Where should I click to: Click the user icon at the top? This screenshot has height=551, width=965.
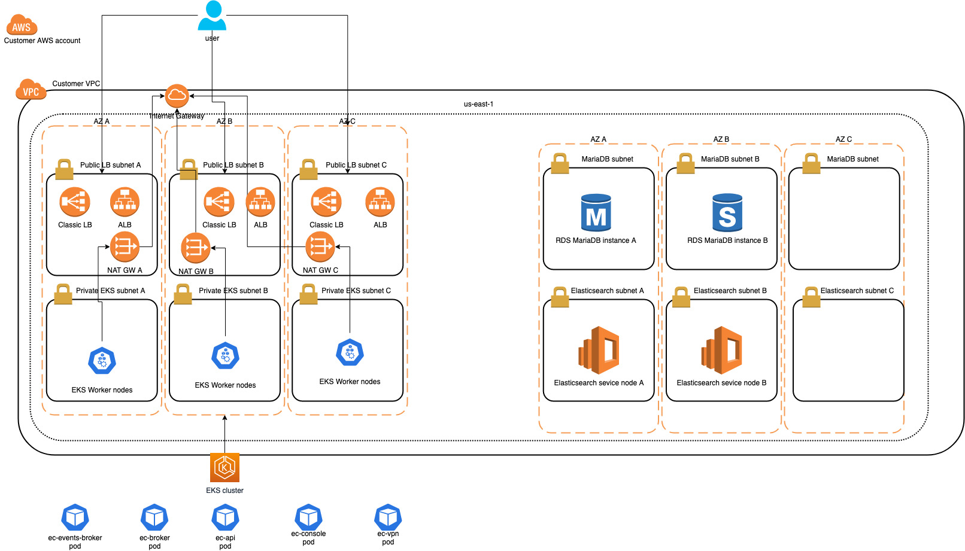tap(212, 16)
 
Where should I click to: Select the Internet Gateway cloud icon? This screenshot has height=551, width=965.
tap(177, 96)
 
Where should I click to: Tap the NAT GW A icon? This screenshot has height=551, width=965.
tap(125, 246)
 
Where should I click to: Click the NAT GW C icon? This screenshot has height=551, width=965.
tap(320, 246)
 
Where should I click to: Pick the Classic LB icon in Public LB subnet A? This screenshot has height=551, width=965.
tap(75, 202)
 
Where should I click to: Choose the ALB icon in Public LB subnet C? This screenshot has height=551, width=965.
tap(380, 202)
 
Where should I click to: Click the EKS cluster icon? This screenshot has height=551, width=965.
tap(225, 467)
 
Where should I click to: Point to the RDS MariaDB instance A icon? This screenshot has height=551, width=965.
tap(596, 212)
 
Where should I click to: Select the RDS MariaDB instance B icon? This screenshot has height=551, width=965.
tap(727, 212)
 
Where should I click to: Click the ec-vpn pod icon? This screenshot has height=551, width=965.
tap(388, 517)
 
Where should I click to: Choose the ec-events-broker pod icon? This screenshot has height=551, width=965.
tap(75, 518)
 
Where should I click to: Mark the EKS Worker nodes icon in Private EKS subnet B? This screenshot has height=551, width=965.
tap(225, 355)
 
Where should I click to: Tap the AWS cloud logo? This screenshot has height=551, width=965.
tap(22, 25)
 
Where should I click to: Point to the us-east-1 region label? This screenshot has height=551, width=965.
tap(478, 104)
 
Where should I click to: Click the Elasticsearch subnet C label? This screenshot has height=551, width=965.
tap(857, 291)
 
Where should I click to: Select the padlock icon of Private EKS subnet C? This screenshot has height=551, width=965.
tap(308, 294)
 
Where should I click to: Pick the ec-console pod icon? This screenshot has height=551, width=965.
tap(308, 517)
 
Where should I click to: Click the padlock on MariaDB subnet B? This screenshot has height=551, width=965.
tap(685, 163)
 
